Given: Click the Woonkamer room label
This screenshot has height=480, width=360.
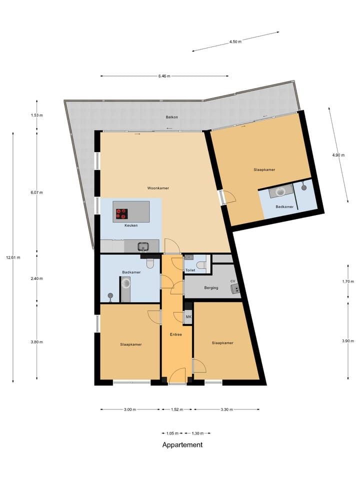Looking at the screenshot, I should (x=157, y=188).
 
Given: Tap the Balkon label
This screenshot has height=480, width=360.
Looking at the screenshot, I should (x=172, y=117).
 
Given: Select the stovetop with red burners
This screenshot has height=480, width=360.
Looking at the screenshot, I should (x=121, y=213).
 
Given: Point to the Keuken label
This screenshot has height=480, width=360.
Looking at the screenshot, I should (x=131, y=225).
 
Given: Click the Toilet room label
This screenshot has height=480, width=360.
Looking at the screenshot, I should (x=190, y=270).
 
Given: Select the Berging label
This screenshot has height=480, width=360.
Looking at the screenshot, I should (x=211, y=288).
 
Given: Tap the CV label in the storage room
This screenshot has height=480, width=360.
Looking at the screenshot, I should (x=232, y=281).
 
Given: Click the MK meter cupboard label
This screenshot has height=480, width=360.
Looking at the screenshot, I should (x=188, y=317).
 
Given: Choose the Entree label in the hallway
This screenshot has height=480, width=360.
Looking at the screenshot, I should (x=175, y=334).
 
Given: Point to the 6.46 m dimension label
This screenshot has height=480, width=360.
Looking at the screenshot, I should (x=164, y=76).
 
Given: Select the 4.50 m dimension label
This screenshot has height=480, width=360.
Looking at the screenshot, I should (x=235, y=42).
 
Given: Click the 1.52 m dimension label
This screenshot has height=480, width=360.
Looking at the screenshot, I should (x=177, y=409).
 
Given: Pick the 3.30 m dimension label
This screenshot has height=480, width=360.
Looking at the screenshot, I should (x=226, y=409).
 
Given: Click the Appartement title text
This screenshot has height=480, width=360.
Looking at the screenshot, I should (x=182, y=444).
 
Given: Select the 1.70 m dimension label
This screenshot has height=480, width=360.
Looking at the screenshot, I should (x=348, y=281).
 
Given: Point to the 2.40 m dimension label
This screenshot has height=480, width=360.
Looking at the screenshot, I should (x=37, y=278).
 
